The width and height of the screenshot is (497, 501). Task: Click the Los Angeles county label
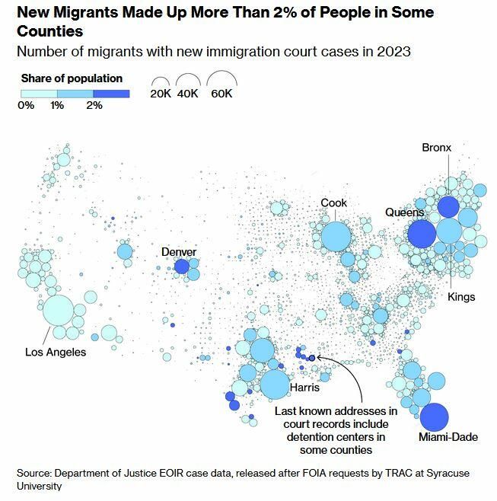(x=56, y=352)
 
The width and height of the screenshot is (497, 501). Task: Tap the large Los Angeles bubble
(x=58, y=310)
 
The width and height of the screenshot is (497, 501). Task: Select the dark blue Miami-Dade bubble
(x=435, y=416)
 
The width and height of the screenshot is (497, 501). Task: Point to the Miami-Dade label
(x=448, y=437)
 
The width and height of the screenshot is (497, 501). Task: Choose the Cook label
(x=333, y=203)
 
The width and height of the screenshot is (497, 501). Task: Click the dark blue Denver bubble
(x=181, y=266)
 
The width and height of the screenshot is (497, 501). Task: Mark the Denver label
(x=179, y=252)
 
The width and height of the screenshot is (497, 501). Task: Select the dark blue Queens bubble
(x=421, y=234)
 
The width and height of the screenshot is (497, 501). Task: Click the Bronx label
(x=437, y=147)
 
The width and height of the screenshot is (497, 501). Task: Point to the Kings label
(x=461, y=296)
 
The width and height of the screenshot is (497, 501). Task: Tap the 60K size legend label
(x=222, y=94)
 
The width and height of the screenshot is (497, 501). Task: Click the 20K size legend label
(x=161, y=94)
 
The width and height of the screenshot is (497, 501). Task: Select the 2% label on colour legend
(x=94, y=105)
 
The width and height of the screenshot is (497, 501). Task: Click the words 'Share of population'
(x=72, y=78)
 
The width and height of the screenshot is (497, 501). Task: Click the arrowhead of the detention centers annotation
(x=314, y=356)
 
